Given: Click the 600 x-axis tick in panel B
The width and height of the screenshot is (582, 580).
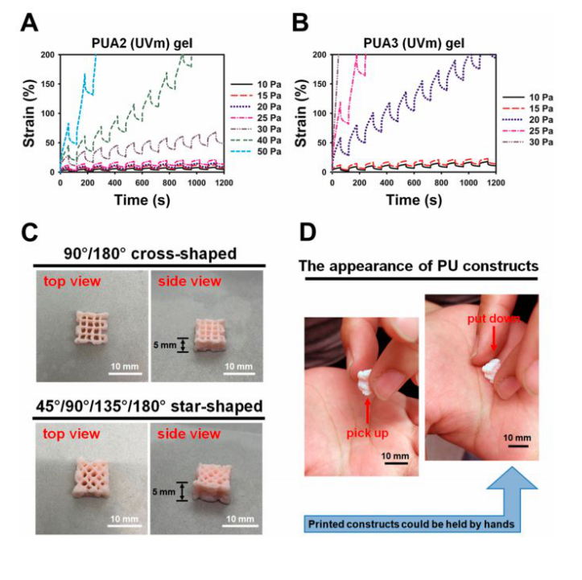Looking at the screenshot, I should click(415, 183).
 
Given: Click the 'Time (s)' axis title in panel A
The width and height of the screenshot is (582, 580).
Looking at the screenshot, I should click(142, 198).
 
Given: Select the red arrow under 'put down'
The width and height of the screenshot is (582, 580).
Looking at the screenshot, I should click(492, 341).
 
